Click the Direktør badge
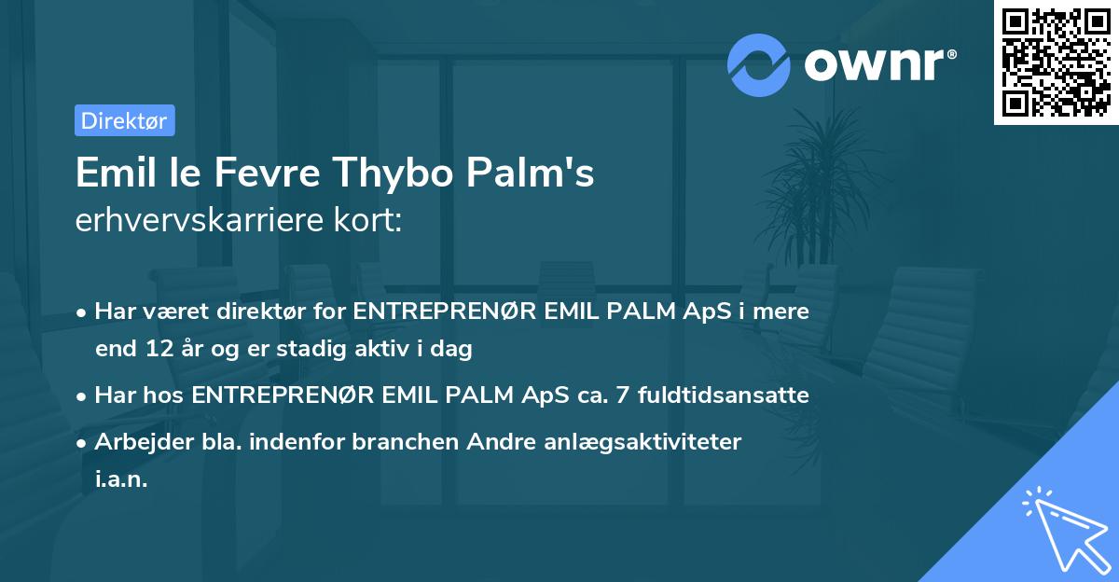click(x=124, y=121)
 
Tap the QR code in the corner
click(x=1056, y=62)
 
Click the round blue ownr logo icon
click(x=760, y=64)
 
